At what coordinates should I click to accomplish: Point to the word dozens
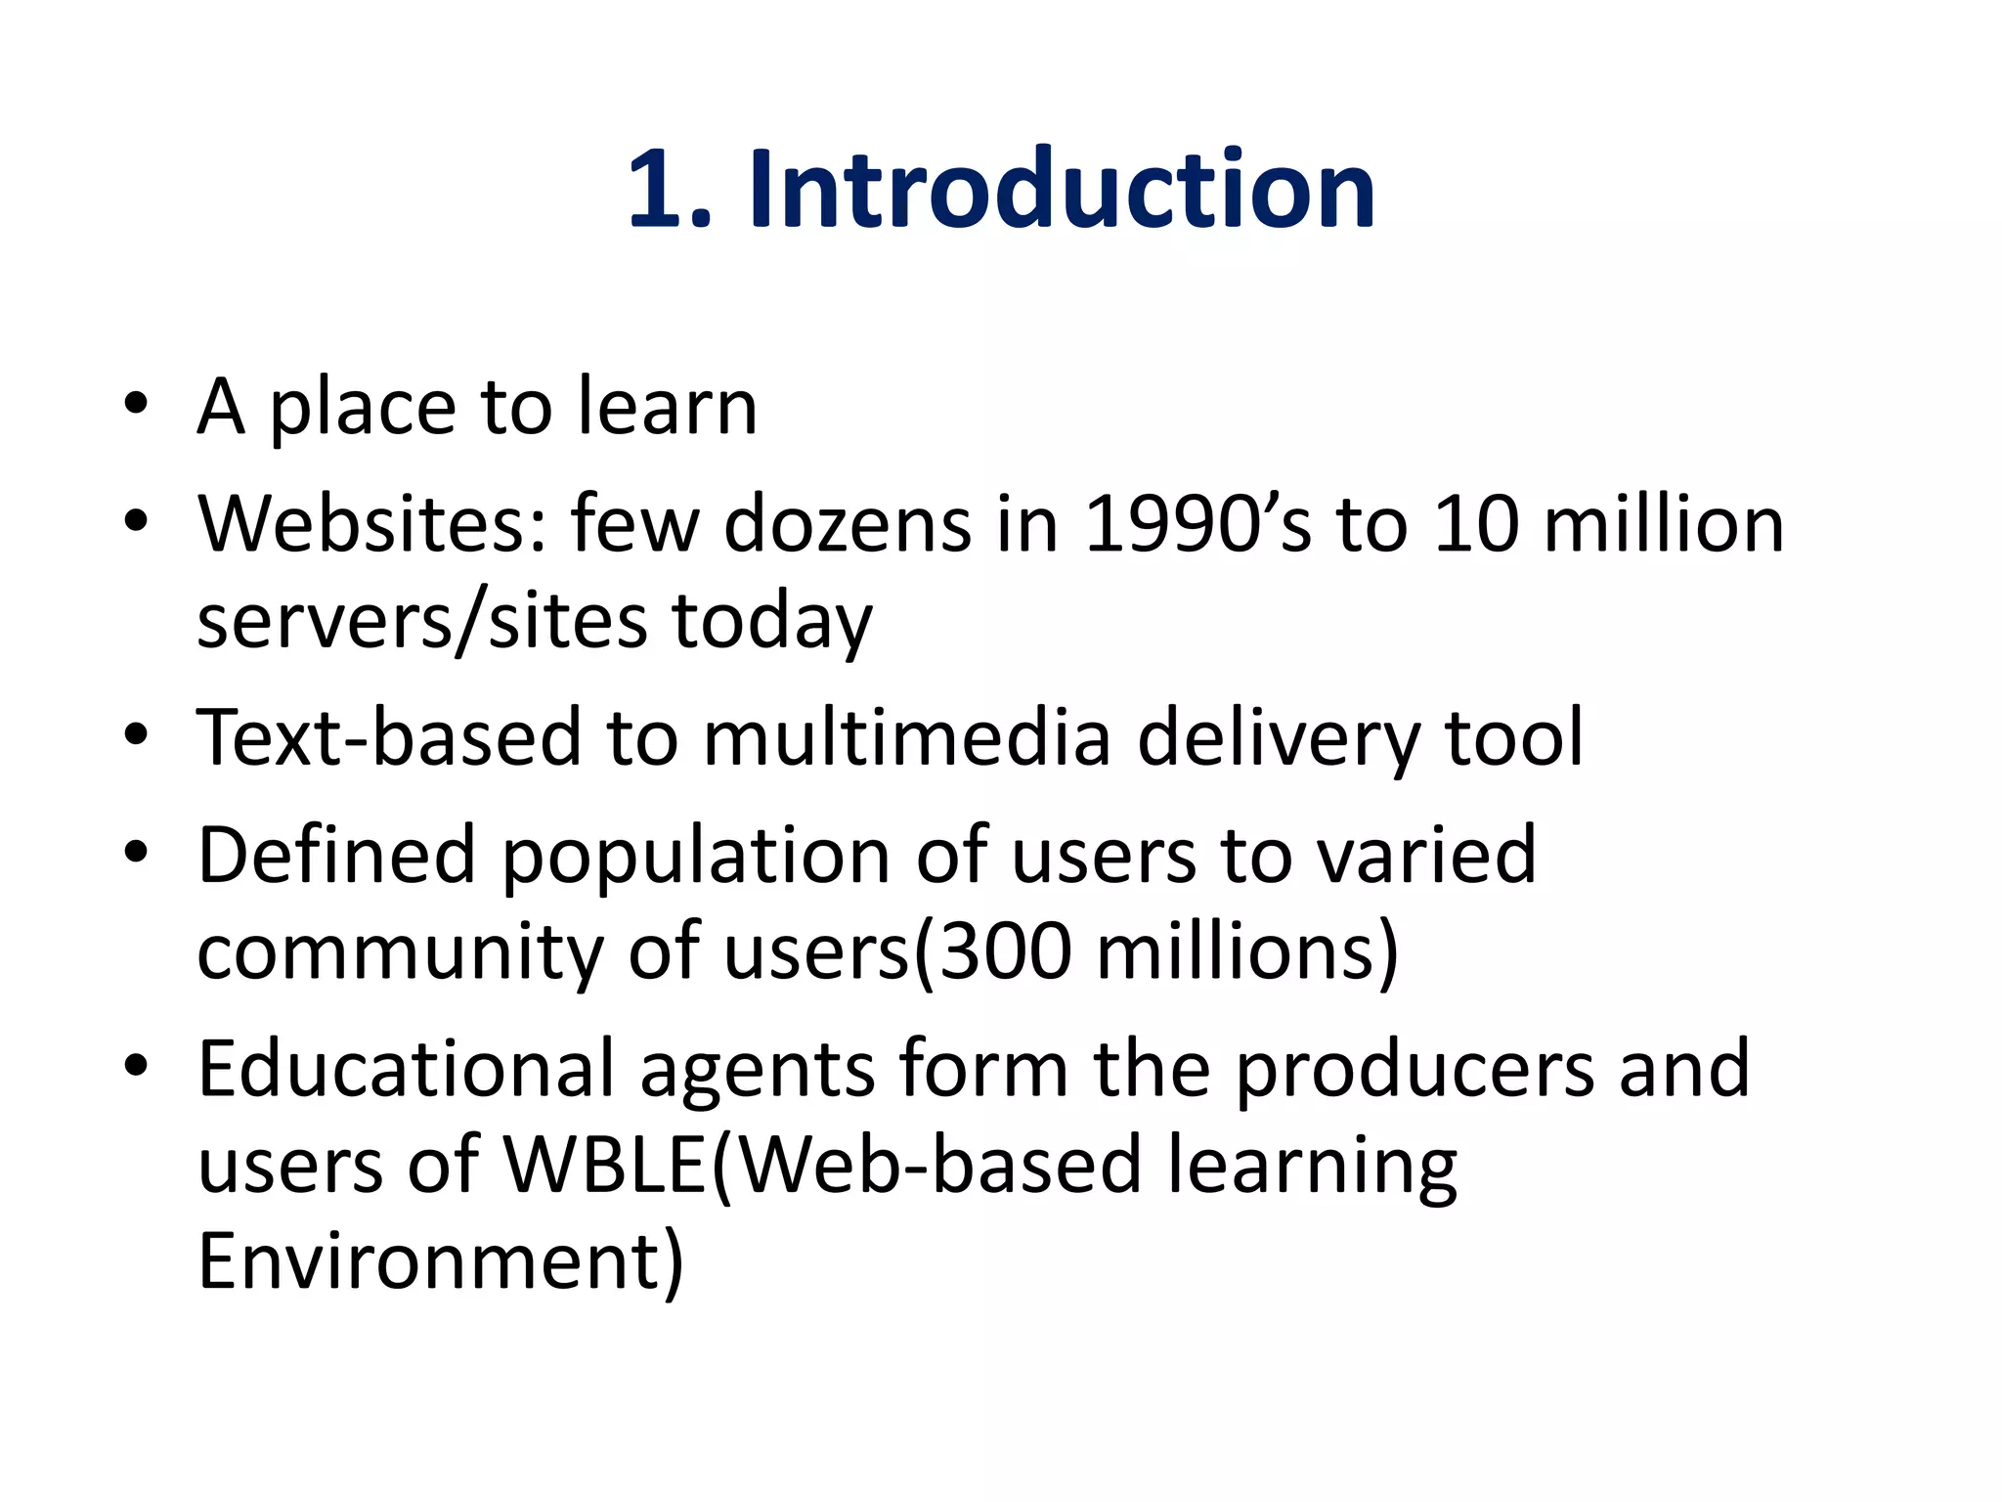(848, 524)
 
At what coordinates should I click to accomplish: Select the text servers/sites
(421, 622)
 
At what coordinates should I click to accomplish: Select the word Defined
(336, 855)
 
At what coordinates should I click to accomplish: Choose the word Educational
(406, 1069)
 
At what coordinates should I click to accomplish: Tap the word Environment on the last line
(430, 1261)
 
